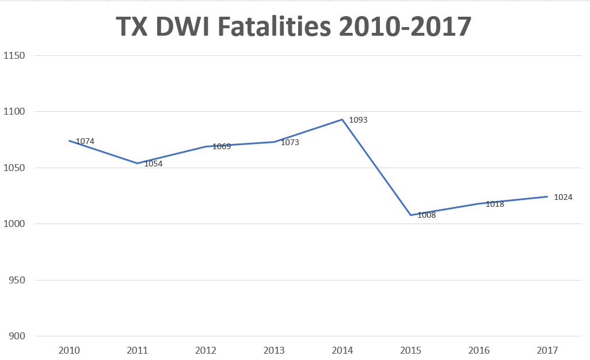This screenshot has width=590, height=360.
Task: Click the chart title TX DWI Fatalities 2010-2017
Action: pos(294,27)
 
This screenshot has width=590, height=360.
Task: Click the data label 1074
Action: pos(85,141)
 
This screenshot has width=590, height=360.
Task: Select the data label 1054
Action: pos(153,164)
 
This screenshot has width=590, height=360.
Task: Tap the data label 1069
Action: pos(222,146)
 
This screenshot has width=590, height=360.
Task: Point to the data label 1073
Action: pos(290,142)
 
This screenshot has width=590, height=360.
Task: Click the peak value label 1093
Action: pos(358,120)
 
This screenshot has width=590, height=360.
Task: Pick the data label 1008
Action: pos(427,215)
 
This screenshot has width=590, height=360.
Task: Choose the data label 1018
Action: pos(494,204)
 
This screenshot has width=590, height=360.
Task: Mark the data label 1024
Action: pos(563,197)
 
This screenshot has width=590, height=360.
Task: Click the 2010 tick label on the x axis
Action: pos(69,350)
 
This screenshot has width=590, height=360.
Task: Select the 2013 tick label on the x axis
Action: pos(274,350)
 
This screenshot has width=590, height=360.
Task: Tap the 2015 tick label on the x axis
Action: pos(410,350)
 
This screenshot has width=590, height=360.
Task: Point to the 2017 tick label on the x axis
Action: pos(547,350)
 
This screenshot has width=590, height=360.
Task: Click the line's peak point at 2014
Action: pos(342,120)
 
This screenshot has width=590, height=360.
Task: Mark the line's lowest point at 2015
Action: pos(411,215)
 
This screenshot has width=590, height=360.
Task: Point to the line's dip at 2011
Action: pos(137,163)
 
